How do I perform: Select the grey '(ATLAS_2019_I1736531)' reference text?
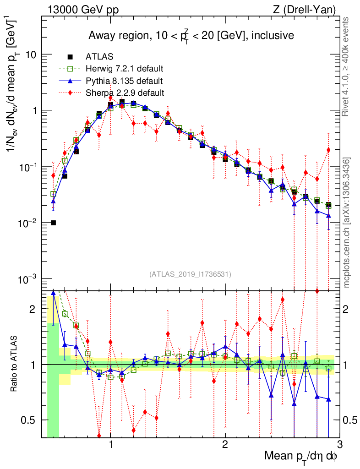coord(190,274)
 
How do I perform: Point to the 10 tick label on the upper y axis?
coord(32,55)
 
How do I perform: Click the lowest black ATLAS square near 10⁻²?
coord(53,223)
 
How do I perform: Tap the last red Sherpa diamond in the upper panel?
coord(328,150)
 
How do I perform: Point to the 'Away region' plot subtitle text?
coord(191,36)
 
